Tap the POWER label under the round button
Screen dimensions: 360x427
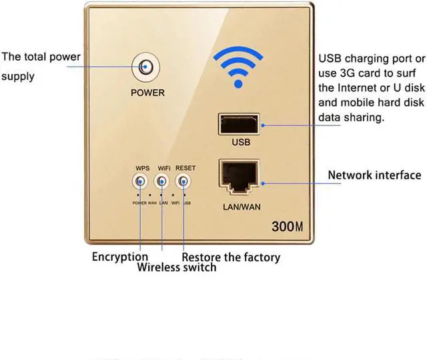[x=147, y=93]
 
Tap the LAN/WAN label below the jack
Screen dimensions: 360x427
[x=241, y=207]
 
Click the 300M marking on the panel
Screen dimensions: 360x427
[x=288, y=226]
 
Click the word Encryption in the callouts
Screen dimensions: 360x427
[x=120, y=257]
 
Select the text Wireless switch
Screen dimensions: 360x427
[x=177, y=267]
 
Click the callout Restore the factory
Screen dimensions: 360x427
[x=231, y=257]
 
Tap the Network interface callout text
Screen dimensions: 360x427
[x=374, y=175]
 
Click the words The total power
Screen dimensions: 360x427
[x=41, y=57]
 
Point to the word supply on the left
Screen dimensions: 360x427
[x=18, y=77]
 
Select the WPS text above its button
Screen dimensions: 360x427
[x=142, y=168]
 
